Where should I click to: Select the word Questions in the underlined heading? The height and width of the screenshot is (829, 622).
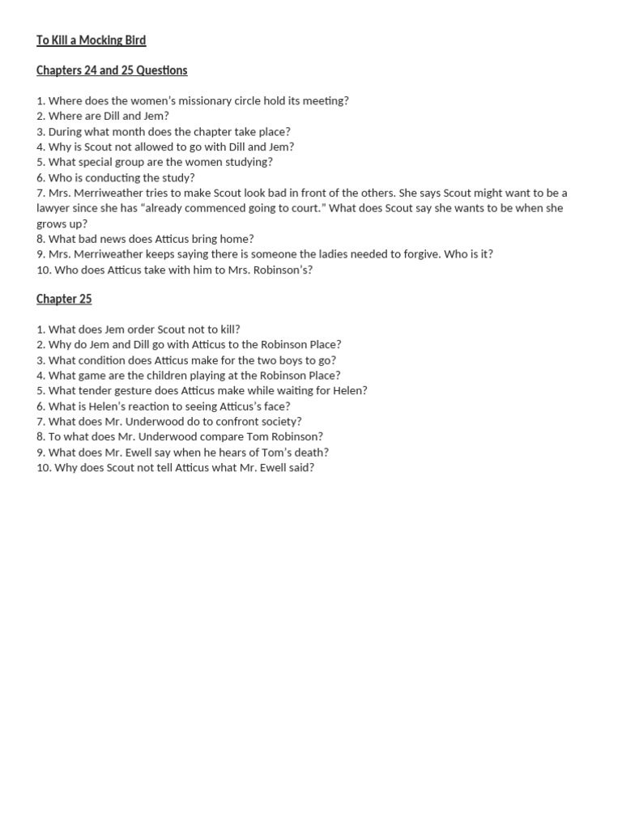pos(162,70)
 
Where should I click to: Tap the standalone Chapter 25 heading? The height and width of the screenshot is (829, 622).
pos(64,299)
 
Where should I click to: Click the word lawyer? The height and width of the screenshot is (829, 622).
pos(55,208)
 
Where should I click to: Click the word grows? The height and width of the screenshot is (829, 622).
pos(53,223)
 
